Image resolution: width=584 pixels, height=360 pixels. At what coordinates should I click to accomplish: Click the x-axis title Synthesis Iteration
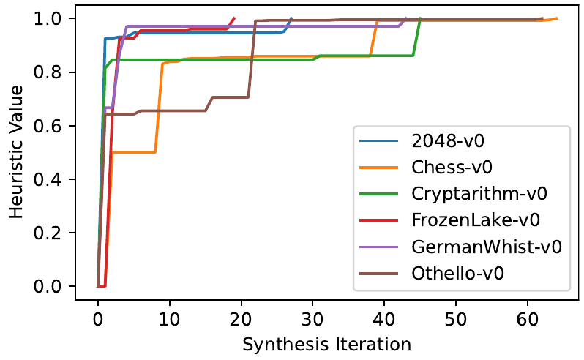(326, 343)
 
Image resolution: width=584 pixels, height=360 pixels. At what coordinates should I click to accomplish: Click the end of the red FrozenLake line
(234, 18)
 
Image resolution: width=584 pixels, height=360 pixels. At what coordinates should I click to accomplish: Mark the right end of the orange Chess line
(557, 18)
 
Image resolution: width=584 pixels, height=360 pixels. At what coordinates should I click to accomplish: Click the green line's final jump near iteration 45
(417, 37)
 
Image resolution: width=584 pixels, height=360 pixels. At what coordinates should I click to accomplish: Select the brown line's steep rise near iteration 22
(252, 59)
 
